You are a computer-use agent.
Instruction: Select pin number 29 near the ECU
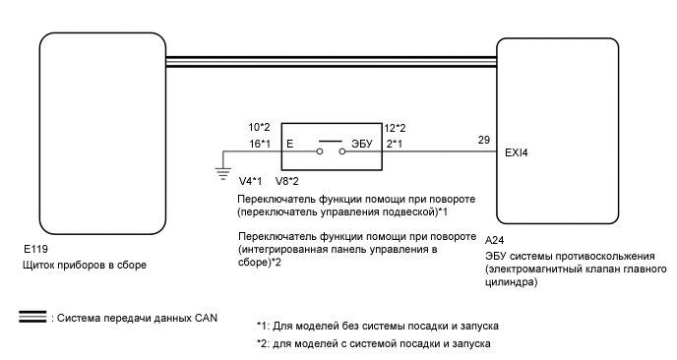tap(482, 140)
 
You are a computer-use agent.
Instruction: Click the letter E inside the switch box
tap(289, 145)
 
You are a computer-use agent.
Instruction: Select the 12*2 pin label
tap(397, 127)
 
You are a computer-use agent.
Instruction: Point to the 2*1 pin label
tap(394, 144)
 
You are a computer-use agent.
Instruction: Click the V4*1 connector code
tap(252, 181)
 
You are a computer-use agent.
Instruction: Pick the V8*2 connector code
tap(287, 181)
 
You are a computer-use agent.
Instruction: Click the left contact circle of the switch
tap(320, 152)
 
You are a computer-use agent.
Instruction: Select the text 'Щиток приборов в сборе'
tap(88, 266)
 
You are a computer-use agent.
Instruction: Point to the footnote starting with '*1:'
tap(380, 326)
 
